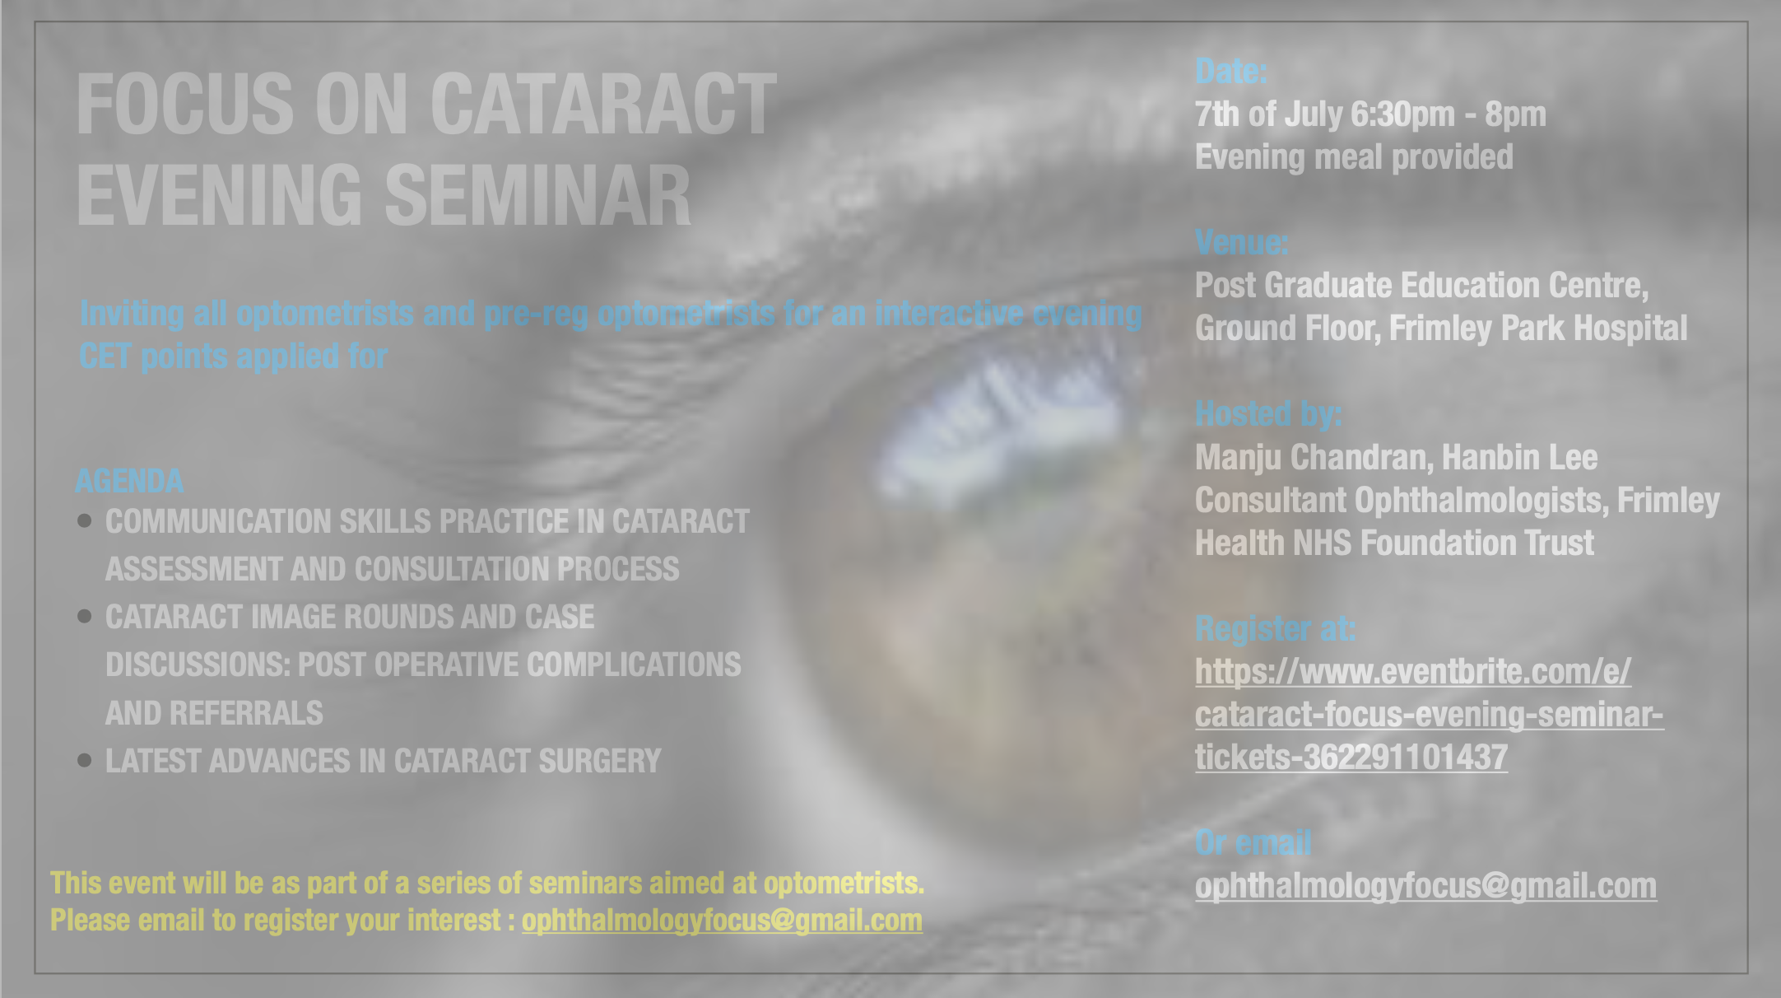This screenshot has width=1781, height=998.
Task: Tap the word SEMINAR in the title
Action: pyautogui.click(x=538, y=195)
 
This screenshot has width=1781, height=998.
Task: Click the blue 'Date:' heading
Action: pyautogui.click(x=1231, y=72)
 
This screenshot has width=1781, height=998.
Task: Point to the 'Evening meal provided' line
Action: pyautogui.click(x=1354, y=157)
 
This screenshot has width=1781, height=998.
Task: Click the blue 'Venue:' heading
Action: pyautogui.click(x=1242, y=243)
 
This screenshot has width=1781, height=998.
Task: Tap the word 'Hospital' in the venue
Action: pyautogui.click(x=1630, y=329)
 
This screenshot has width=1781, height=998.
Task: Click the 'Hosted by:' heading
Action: pyautogui.click(x=1268, y=414)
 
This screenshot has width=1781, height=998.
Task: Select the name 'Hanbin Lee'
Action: pyautogui.click(x=1519, y=457)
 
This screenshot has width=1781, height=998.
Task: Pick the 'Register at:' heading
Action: pyautogui.click(x=1276, y=629)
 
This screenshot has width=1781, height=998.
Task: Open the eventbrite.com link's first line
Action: pyautogui.click(x=1413, y=672)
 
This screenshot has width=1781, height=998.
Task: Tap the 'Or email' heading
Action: pyautogui.click(x=1253, y=843)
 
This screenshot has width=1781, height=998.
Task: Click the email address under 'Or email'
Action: pyautogui.click(x=1425, y=886)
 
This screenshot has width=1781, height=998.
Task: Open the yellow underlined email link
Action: pyautogui.click(x=722, y=921)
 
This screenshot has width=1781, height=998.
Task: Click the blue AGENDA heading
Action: pyautogui.click(x=129, y=481)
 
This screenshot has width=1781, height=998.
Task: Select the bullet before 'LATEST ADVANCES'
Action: pyautogui.click(x=84, y=760)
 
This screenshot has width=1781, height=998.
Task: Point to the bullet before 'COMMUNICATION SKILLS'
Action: pyautogui.click(x=84, y=520)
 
